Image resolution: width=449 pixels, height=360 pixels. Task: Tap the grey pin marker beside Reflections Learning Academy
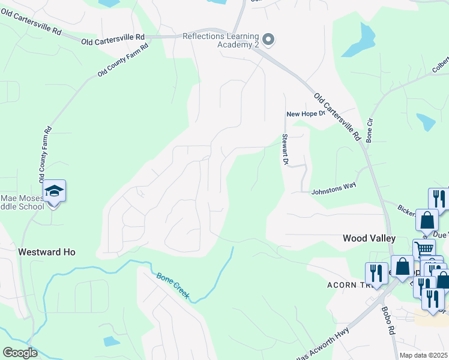click(x=269, y=40)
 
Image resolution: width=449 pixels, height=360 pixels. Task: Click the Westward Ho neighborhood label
click(x=47, y=253)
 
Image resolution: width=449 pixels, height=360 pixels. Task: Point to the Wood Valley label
click(x=369, y=238)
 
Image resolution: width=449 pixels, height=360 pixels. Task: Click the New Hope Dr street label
click(x=305, y=113)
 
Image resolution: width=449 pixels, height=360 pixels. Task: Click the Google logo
click(x=20, y=353)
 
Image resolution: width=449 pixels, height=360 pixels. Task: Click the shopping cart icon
click(x=424, y=248)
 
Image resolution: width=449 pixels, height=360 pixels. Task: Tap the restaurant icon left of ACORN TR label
click(x=376, y=273)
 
